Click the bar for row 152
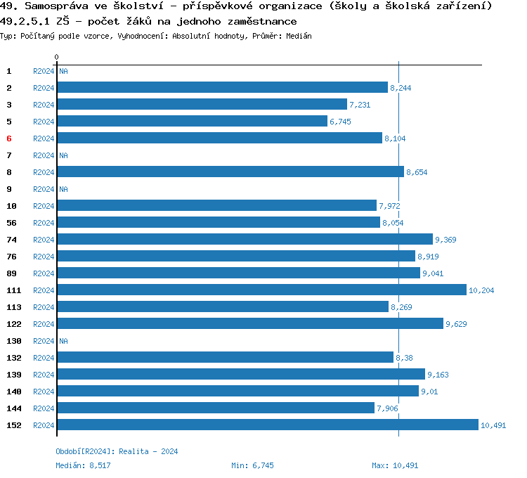point(267,425)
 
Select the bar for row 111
point(261,290)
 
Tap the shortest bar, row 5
point(192,121)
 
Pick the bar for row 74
point(245,239)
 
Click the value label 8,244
point(401,88)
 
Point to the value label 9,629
point(456,324)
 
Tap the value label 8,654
point(417,172)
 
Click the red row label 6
point(9,138)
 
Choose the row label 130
point(13,341)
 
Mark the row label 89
point(11,273)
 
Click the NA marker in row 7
point(63,155)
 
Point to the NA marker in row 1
point(63,71)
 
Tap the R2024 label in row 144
point(44,408)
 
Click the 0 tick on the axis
point(57,56)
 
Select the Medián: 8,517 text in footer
point(83,465)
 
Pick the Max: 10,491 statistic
point(395,465)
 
